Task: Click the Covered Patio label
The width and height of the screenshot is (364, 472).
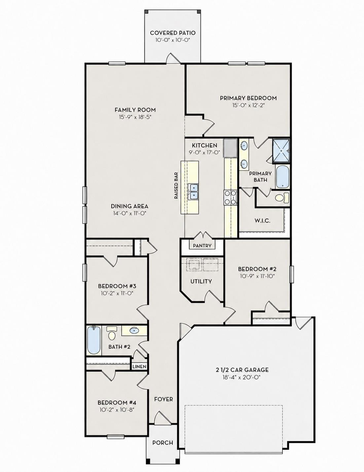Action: click(x=173, y=33)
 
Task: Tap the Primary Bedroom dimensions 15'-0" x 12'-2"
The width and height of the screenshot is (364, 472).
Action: click(x=248, y=105)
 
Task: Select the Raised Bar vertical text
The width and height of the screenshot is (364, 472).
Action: click(x=176, y=186)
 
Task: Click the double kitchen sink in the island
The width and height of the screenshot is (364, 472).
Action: click(x=193, y=192)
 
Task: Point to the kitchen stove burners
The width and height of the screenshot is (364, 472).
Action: click(x=230, y=197)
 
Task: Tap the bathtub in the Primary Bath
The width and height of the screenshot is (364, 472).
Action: click(x=283, y=177)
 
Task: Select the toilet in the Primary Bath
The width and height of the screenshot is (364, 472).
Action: click(x=282, y=198)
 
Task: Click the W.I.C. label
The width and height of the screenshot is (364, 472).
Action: click(x=262, y=221)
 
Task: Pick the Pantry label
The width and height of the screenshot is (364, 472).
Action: click(x=202, y=246)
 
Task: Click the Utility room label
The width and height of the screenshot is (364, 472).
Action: click(x=201, y=281)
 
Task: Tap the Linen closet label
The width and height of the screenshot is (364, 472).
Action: click(x=139, y=366)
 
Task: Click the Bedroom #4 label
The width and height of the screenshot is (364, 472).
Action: click(x=117, y=403)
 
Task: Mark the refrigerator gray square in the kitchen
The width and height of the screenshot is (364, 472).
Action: click(x=230, y=148)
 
